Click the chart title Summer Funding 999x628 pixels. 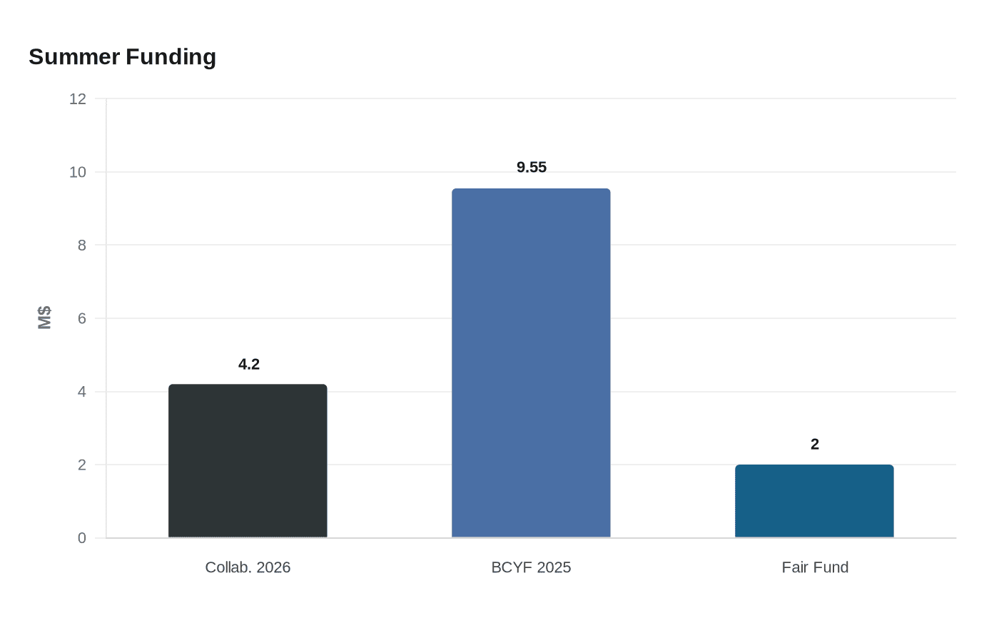click(122, 57)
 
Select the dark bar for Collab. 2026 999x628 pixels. click(248, 461)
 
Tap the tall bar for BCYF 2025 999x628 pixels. click(531, 363)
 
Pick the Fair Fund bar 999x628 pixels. click(814, 501)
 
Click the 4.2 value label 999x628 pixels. click(248, 365)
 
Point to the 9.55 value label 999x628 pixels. click(532, 168)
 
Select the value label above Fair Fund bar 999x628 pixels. click(814, 445)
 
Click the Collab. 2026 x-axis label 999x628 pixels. click(248, 567)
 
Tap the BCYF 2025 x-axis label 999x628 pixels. click(531, 567)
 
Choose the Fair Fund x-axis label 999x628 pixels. click(815, 567)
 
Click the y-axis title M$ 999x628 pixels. click(44, 318)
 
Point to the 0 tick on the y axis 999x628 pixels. click(82, 538)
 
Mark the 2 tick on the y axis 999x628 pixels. click(82, 465)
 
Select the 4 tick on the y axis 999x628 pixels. click(82, 392)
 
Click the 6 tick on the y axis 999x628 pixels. click(82, 318)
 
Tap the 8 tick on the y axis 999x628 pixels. click(82, 245)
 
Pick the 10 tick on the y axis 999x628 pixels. click(78, 172)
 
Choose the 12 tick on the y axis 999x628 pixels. click(78, 99)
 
